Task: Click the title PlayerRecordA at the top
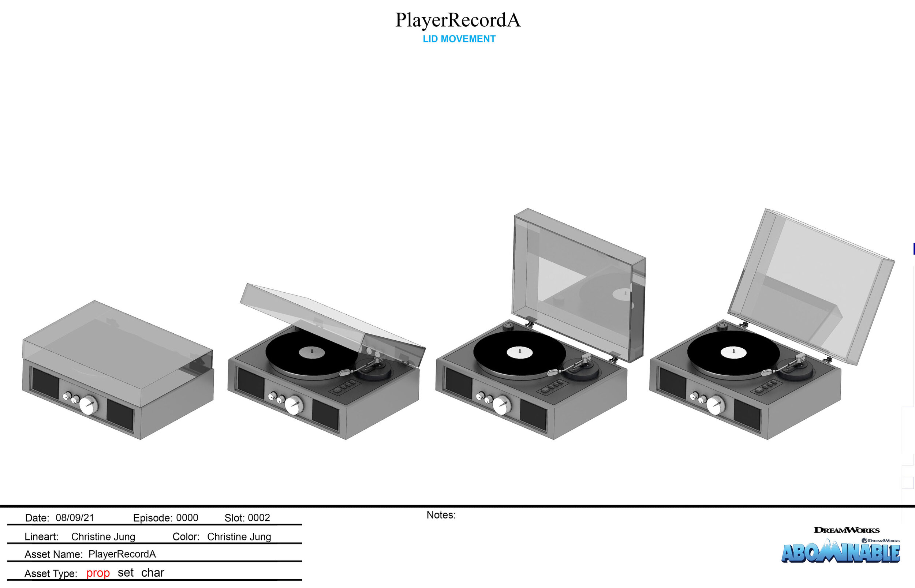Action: click(457, 20)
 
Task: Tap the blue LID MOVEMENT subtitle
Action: click(459, 39)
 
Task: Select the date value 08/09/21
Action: click(75, 518)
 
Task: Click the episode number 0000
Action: click(187, 518)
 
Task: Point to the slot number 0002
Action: click(258, 518)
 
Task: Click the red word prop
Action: click(98, 573)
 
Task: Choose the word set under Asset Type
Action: click(125, 572)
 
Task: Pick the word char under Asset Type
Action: click(152, 572)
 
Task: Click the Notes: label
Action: click(441, 515)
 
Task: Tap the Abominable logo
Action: click(840, 553)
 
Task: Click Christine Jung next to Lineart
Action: click(103, 537)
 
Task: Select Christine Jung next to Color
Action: click(239, 537)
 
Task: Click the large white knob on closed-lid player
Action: click(89, 405)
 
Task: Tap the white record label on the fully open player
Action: click(733, 352)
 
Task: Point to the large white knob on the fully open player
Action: click(715, 405)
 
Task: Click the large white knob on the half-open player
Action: click(294, 405)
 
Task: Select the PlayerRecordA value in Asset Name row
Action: click(122, 554)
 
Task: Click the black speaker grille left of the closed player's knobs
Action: click(45, 383)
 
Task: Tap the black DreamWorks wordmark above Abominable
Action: click(846, 530)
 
